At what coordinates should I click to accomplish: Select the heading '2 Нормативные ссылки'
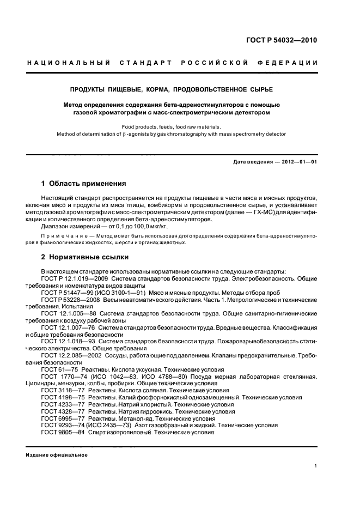[85, 256]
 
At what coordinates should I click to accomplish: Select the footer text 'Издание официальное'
[56, 455]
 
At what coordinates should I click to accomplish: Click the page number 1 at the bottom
[316, 466]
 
